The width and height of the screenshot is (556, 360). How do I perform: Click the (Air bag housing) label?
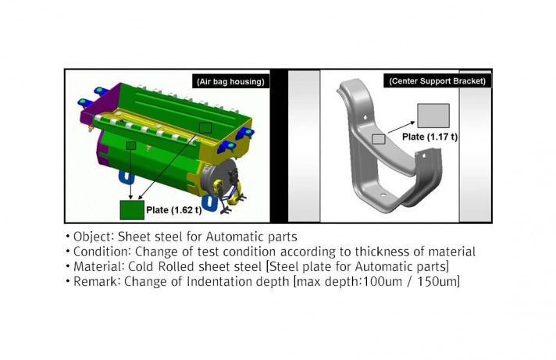coord(230,81)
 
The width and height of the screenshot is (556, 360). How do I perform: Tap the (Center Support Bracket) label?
coord(437,81)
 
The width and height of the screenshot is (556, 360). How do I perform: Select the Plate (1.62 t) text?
coord(173,210)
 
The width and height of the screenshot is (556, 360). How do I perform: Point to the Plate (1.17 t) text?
coord(429,137)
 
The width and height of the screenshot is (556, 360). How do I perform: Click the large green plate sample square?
coord(132,210)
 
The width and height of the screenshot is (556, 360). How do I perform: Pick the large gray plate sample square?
coord(433,116)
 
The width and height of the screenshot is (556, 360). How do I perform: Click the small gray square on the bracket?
coord(379,139)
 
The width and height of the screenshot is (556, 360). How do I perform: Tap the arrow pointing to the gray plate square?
coord(401,127)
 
